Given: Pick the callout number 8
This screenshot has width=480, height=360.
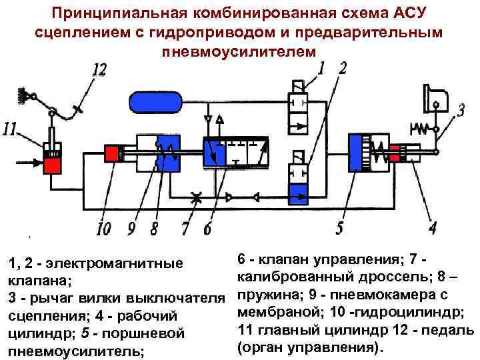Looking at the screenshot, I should (154, 229).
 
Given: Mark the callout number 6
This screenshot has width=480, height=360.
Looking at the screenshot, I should (207, 229).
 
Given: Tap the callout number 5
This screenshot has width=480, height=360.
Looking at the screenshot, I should (340, 229).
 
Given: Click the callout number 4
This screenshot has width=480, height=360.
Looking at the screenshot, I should (433, 229).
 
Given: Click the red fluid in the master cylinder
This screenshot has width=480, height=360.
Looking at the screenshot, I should (51, 164).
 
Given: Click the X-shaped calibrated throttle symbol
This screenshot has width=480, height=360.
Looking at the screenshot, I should (196, 197).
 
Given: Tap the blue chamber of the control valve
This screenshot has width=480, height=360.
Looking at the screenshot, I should (215, 154).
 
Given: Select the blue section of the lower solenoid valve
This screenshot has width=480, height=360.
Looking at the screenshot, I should (299, 193).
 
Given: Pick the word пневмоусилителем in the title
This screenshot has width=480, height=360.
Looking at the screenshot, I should (240, 51).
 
